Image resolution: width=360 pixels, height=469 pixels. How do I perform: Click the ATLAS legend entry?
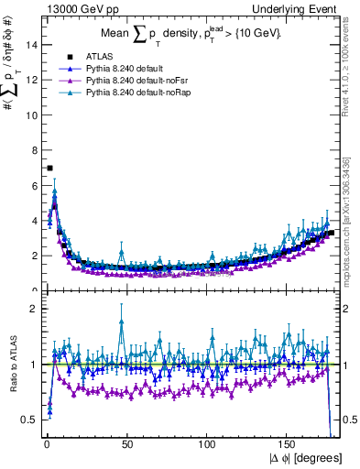coord(95,58)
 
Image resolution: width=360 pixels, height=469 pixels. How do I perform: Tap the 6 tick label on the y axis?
coord(34,185)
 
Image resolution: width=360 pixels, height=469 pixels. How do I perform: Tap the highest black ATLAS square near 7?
coord(49,168)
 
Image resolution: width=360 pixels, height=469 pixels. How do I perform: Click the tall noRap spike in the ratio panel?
coord(121,320)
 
